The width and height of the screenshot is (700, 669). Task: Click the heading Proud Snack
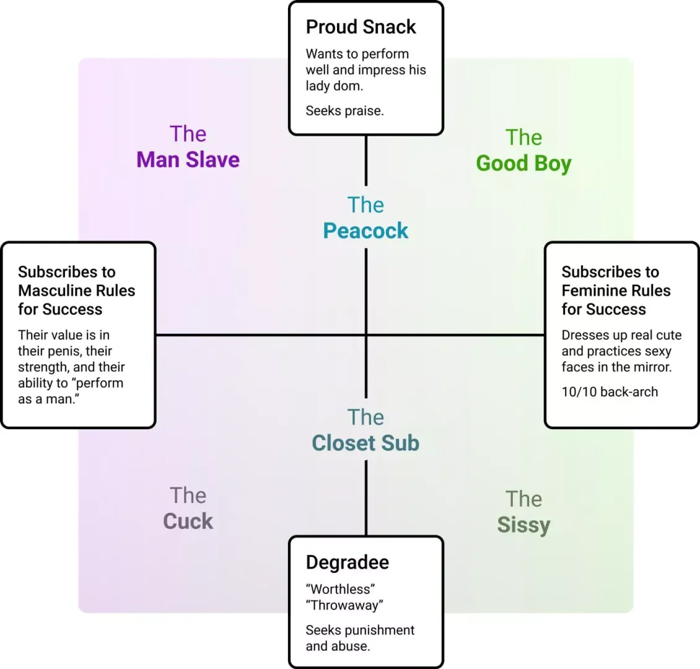coord(361,27)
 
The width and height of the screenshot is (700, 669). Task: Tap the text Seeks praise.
coord(344,111)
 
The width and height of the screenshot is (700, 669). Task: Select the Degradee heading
coord(348,562)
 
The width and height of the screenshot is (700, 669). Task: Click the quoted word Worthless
coord(340,589)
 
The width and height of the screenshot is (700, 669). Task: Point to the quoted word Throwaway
coord(344,605)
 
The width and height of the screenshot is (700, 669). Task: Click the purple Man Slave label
coord(188,159)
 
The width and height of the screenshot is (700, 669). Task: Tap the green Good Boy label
coord(523,163)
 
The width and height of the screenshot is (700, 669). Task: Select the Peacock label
coord(365,230)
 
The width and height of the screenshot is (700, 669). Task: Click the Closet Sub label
coord(365,443)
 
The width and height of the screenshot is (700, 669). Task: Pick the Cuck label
coord(188,521)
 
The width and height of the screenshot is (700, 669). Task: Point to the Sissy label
coord(523,525)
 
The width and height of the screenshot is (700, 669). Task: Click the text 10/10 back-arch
coord(610,392)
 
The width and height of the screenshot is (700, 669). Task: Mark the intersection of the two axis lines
coord(366,334)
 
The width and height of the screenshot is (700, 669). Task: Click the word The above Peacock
coord(365,205)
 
